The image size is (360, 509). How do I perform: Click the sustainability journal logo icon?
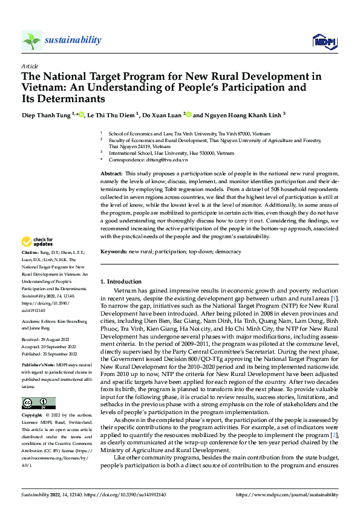click(x=32, y=41)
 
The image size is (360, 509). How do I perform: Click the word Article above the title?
click(x=30, y=66)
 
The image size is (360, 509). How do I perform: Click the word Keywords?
click(x=113, y=250)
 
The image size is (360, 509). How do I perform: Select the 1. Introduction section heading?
click(x=121, y=282)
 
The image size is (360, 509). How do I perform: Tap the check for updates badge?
click(x=38, y=243)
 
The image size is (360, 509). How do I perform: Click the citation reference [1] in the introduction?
click(x=335, y=299)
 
